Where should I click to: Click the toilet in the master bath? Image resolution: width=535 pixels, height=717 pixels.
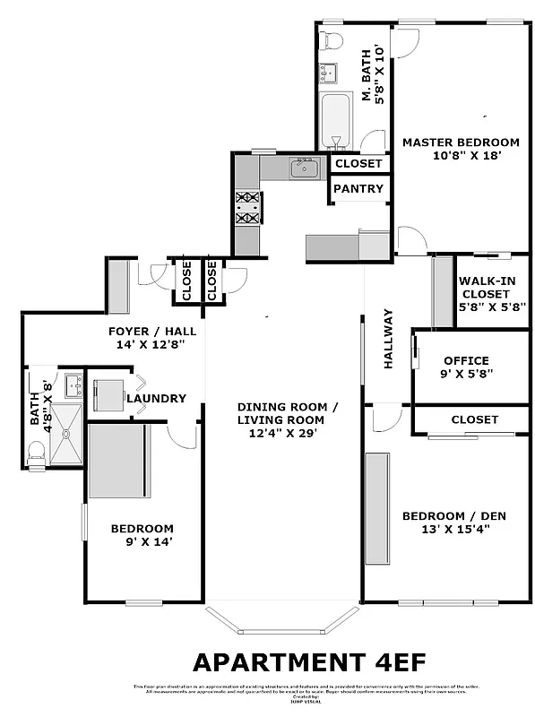coord(332,39)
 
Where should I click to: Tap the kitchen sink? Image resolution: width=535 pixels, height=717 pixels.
coord(306,168)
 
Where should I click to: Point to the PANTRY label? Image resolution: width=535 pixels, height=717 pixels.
coord(359,189)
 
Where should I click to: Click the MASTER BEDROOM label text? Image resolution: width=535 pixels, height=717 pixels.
coord(460,142)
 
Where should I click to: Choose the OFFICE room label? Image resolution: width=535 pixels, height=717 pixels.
coord(466,360)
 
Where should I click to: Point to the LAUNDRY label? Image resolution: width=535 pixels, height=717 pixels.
coord(156,399)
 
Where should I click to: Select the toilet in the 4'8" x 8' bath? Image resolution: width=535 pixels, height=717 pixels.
coord(37,453)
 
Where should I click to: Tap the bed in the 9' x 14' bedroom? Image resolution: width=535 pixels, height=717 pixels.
coord(117,461)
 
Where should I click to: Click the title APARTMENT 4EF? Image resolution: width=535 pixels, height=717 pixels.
coord(308,661)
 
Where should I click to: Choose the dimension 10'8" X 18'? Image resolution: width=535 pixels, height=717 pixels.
coord(460,155)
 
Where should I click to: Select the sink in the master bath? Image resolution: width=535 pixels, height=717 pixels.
coord(329,72)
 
